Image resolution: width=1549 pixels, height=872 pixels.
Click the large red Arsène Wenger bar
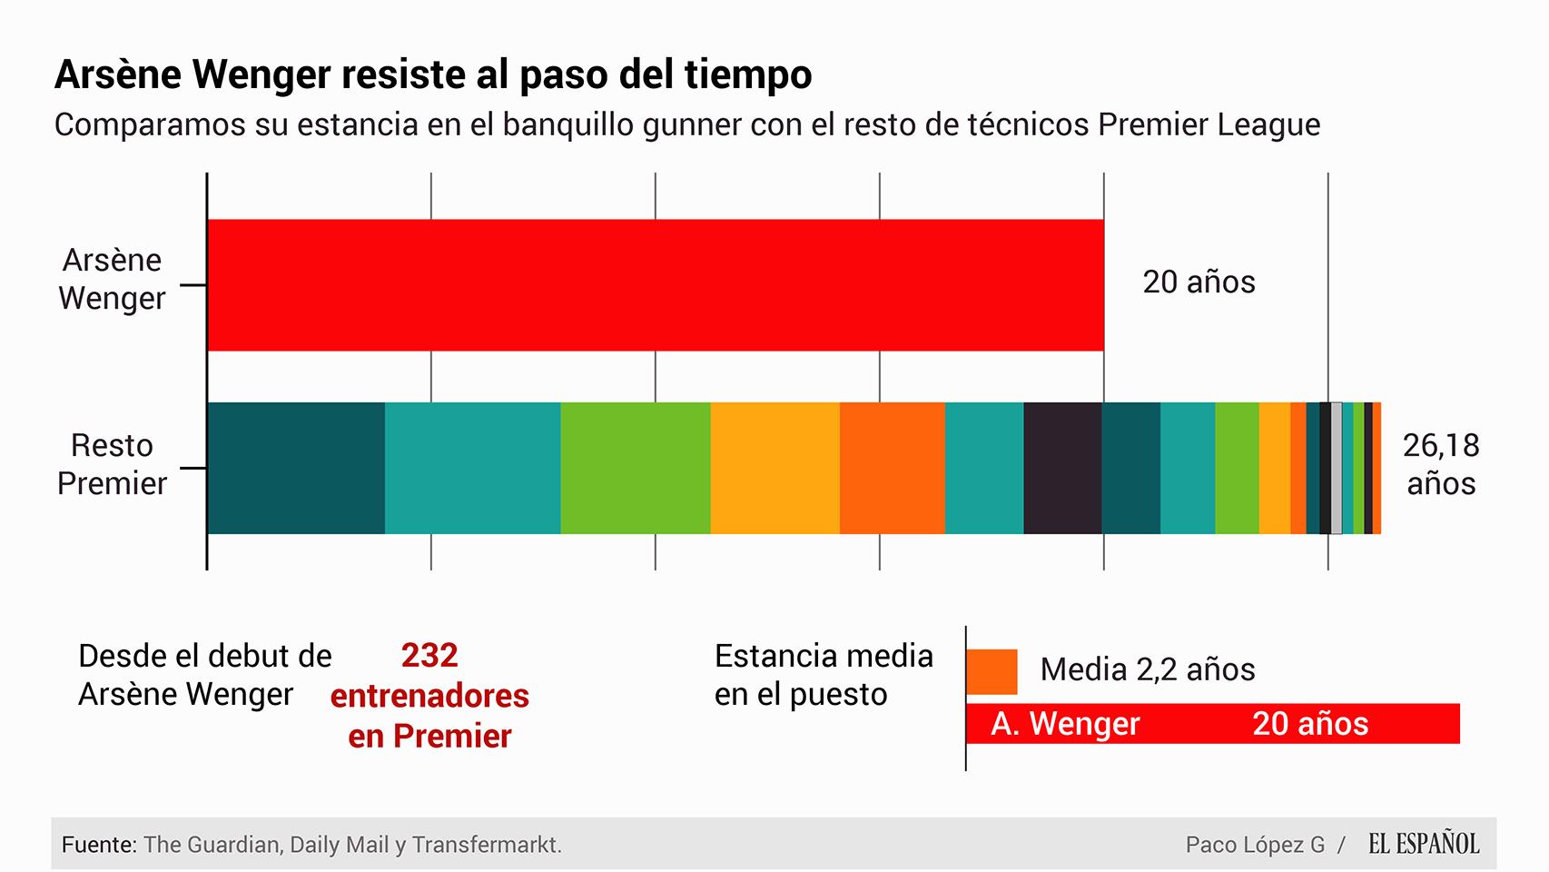pyautogui.click(x=655, y=284)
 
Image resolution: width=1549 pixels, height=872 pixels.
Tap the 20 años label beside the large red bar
pyautogui.click(x=1199, y=282)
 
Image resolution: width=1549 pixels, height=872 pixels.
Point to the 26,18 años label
pyautogui.click(x=1440, y=464)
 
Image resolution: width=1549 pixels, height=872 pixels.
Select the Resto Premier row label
pyautogui.click(x=112, y=464)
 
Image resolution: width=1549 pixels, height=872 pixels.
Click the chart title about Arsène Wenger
pyautogui.click(x=433, y=74)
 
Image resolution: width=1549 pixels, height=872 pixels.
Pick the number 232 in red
pyautogui.click(x=429, y=655)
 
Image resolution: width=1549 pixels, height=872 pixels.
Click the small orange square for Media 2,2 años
pyautogui.click(x=992, y=671)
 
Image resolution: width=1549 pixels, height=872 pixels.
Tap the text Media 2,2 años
pyautogui.click(x=1147, y=669)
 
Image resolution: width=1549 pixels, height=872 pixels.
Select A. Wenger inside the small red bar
pyautogui.click(x=1065, y=724)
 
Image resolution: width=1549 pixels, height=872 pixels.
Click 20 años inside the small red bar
pyautogui.click(x=1309, y=724)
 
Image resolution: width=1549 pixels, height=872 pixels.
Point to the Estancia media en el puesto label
pyautogui.click(x=824, y=675)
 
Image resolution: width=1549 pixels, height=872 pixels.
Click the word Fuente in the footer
pyautogui.click(x=98, y=845)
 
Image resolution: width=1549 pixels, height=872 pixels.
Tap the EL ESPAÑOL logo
pyautogui.click(x=1424, y=844)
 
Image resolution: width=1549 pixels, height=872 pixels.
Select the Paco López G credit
pyautogui.click(x=1255, y=845)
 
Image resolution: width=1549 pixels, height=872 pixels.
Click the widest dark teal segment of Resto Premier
pyautogui.click(x=296, y=468)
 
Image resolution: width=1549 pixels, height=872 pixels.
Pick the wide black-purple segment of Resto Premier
pyautogui.click(x=1062, y=468)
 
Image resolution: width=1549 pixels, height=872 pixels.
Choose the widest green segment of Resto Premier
pyautogui.click(x=635, y=468)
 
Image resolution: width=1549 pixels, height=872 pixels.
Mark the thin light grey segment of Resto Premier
pyautogui.click(x=1337, y=468)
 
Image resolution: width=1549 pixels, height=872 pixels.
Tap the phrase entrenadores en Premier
pyautogui.click(x=429, y=716)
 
